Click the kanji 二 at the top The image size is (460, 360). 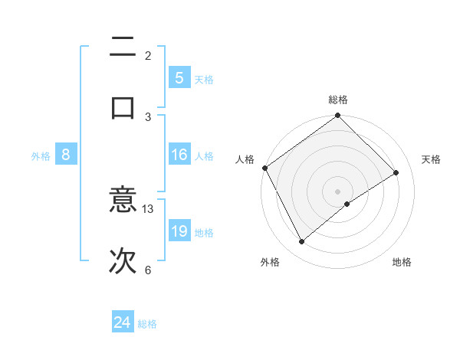click(x=123, y=49)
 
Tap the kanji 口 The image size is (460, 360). click(x=123, y=106)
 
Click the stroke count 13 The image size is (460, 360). click(x=148, y=208)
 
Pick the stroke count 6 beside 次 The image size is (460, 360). click(x=148, y=270)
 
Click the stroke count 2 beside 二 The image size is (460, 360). click(x=148, y=55)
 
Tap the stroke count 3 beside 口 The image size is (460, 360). click(x=148, y=116)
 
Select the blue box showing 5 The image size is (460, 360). click(x=179, y=77)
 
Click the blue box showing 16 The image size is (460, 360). click(x=179, y=155)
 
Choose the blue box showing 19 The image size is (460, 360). click(x=179, y=231)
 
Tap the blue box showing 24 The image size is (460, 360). click(x=123, y=323)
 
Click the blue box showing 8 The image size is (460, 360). click(x=66, y=155)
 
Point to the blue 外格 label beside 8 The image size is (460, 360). click(x=41, y=156)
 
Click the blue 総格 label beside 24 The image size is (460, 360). click(x=147, y=324)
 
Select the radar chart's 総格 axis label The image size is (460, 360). click(x=338, y=100)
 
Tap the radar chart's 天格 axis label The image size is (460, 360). click(x=432, y=159)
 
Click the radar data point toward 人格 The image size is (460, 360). click(x=264, y=168)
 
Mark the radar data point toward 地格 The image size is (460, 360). click(x=347, y=204)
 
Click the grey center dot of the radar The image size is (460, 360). click(x=338, y=191)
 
